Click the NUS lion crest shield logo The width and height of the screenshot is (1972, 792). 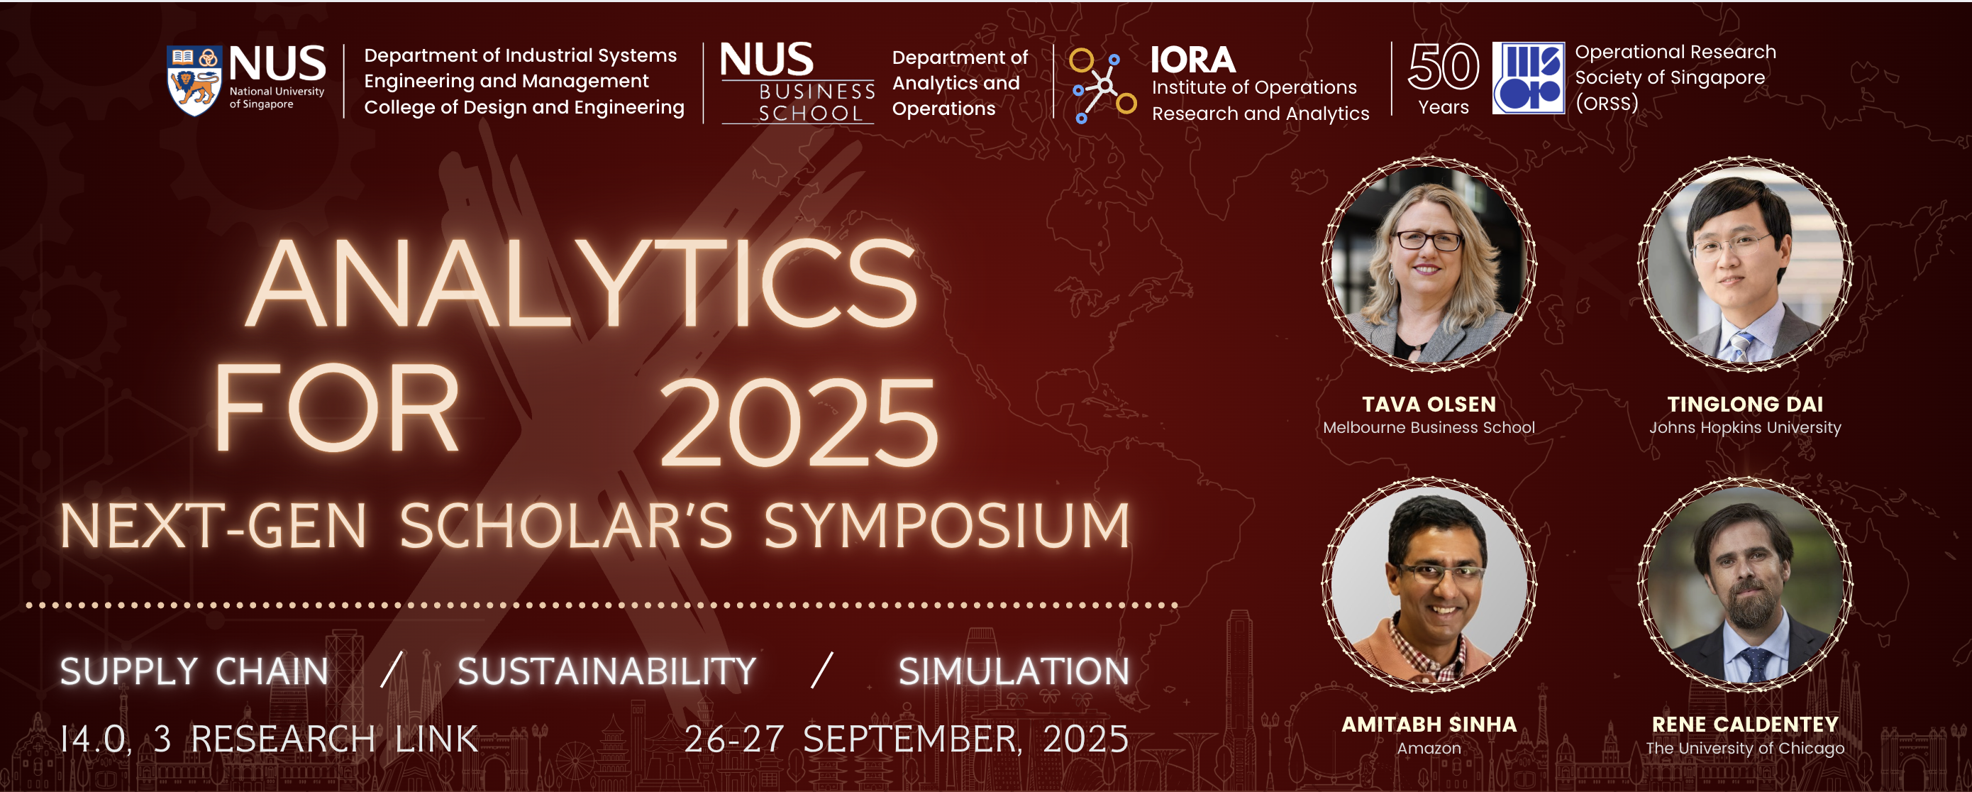(x=194, y=80)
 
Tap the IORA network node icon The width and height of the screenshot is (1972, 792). (x=1102, y=84)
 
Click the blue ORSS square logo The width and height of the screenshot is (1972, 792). (x=1528, y=78)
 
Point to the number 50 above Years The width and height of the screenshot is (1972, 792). (x=1443, y=67)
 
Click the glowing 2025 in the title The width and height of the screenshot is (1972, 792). (x=798, y=423)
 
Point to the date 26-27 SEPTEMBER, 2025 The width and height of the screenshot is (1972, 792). (x=907, y=739)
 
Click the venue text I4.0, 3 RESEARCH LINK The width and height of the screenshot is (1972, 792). (x=269, y=739)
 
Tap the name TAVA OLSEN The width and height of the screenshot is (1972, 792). (x=1429, y=404)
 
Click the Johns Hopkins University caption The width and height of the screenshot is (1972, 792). (x=1744, y=427)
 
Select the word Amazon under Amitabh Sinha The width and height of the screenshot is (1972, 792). (x=1429, y=748)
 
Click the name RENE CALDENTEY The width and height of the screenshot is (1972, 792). (x=1744, y=724)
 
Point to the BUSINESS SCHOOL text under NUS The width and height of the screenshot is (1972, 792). (x=816, y=102)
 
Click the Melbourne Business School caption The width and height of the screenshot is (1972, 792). (x=1429, y=427)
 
